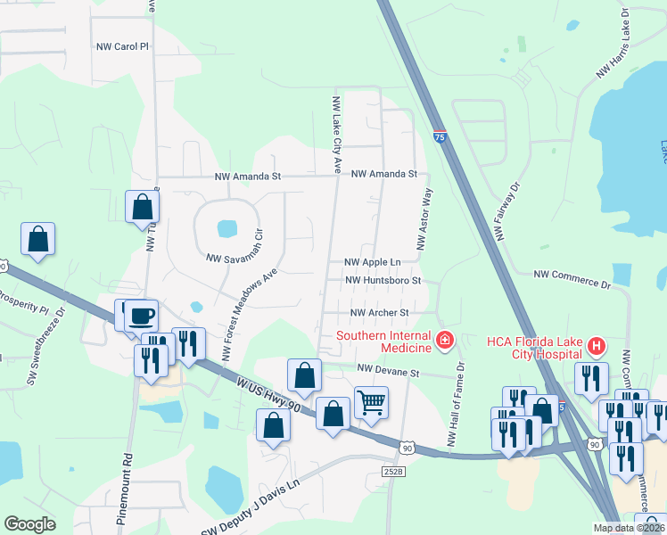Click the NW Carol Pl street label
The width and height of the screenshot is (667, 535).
click(119, 45)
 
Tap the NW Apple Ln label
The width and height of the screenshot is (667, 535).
click(373, 262)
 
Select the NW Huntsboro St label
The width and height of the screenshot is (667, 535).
click(382, 280)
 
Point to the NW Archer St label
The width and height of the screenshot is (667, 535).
click(379, 313)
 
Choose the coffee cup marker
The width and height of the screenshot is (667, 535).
click(141, 315)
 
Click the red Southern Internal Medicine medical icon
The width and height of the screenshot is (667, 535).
click(444, 340)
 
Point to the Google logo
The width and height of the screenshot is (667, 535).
click(29, 524)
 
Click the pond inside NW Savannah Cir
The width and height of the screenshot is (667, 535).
click(227, 228)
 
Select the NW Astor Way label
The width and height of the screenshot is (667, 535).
click(424, 219)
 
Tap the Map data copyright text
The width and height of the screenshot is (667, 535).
click(628, 528)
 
